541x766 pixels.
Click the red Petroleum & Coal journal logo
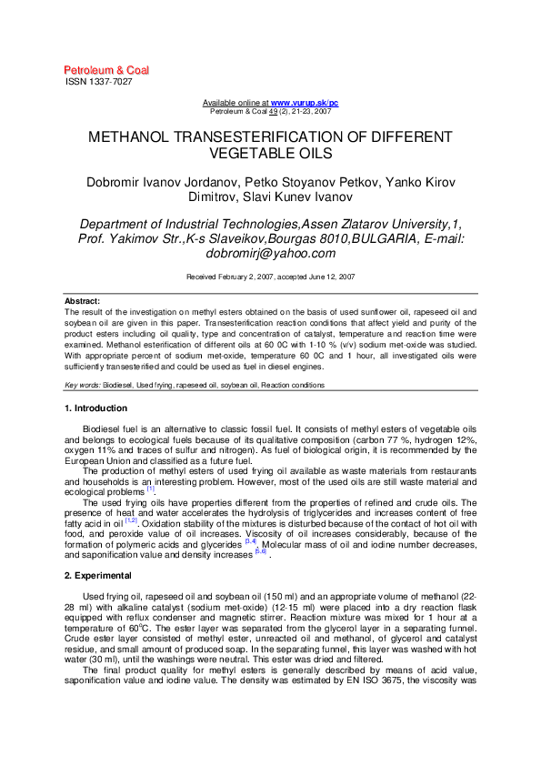click(x=106, y=70)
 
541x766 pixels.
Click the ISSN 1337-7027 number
click(x=99, y=82)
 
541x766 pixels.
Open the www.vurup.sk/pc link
click(x=305, y=104)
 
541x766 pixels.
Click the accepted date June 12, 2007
click(x=334, y=276)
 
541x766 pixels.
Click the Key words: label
click(x=83, y=385)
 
